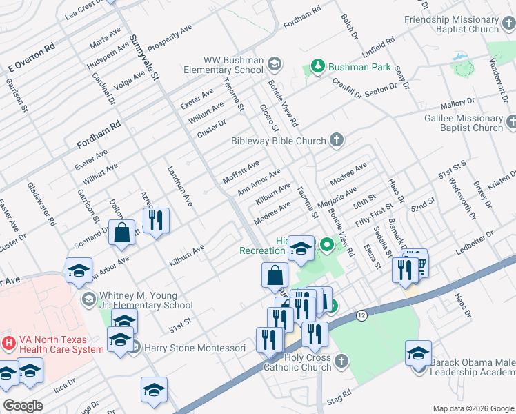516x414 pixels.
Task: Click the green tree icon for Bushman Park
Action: coord(318,67)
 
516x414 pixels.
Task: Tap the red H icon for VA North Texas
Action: coord(9,342)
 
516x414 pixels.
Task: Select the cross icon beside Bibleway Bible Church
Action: coord(336,141)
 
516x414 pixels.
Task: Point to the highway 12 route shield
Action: coord(361,315)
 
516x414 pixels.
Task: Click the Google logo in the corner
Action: coord(23,406)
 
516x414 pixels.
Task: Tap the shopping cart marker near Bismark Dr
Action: coord(418,264)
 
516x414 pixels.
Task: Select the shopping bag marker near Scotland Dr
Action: coord(122,233)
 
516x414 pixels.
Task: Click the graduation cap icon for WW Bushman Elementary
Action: coord(274,64)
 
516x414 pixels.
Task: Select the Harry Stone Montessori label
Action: coord(192,348)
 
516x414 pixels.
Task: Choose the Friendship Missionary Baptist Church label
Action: coord(452,25)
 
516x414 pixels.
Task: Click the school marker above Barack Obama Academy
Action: coord(418,353)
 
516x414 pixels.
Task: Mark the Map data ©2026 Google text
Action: coord(473,408)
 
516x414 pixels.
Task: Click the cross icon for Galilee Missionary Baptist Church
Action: coord(510,122)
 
